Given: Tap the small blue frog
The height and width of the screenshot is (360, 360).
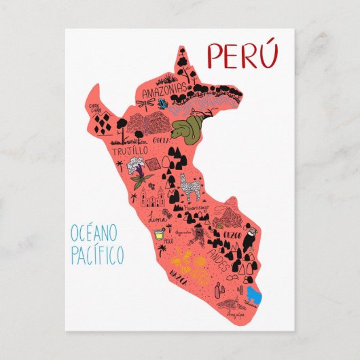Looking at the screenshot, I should (x=162, y=103).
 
